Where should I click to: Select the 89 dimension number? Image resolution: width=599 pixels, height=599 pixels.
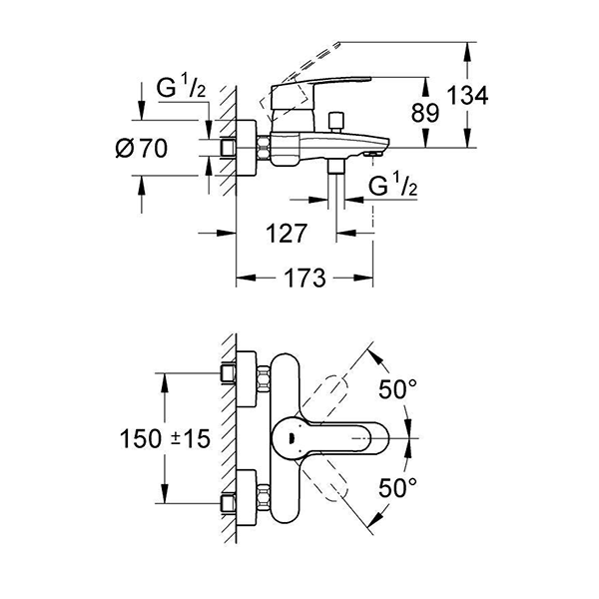426,113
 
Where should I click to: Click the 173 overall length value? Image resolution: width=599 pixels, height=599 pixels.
303,279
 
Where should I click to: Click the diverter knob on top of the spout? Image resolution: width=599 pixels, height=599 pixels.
336,121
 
